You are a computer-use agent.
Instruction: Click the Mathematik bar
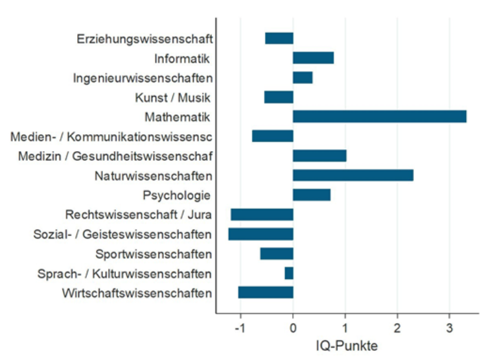pyautogui.click(x=380, y=117)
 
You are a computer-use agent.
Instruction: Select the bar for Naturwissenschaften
pyautogui.click(x=353, y=175)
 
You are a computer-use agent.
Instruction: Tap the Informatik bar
pyautogui.click(x=313, y=58)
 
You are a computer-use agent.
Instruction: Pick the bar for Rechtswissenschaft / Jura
pyautogui.click(x=262, y=215)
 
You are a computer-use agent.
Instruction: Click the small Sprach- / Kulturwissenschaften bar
pyautogui.click(x=289, y=273)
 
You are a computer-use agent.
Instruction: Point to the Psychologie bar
pyautogui.click(x=312, y=195)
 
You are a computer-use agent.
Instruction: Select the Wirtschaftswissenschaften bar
pyautogui.click(x=266, y=293)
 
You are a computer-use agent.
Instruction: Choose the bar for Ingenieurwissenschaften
pyautogui.click(x=303, y=78)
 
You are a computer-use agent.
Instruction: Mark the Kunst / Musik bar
pyautogui.click(x=279, y=97)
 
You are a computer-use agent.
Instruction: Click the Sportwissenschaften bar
pyautogui.click(x=277, y=254)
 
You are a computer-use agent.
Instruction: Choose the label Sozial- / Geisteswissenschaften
pyautogui.click(x=122, y=234)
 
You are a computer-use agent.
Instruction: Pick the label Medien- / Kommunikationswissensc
pyautogui.click(x=111, y=137)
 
